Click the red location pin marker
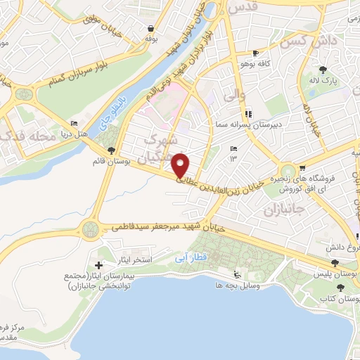(x=181, y=166)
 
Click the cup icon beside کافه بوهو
(x=256, y=53)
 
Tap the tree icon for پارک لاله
(x=323, y=70)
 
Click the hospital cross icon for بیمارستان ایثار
(x=98, y=266)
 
